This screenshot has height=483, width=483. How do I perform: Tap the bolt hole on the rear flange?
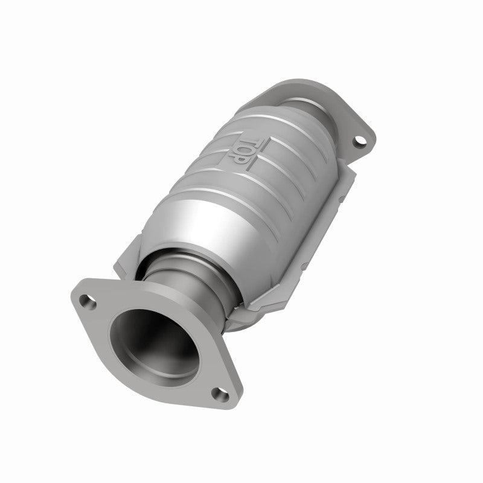click(360, 142)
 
